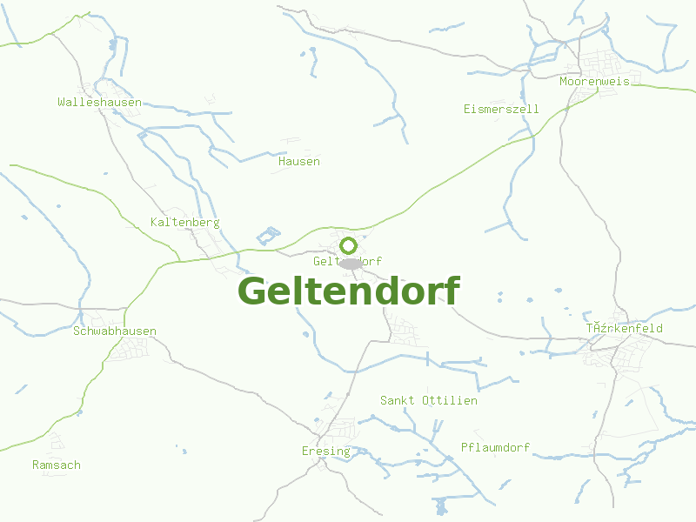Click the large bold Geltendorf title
click(x=348, y=291)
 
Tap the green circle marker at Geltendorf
click(x=349, y=245)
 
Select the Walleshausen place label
click(x=99, y=102)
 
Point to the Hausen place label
click(x=298, y=161)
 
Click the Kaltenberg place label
click(x=184, y=222)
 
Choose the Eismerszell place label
click(x=501, y=109)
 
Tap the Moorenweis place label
click(x=594, y=81)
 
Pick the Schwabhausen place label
click(x=115, y=331)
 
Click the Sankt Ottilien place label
click(x=428, y=400)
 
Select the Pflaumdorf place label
click(x=495, y=447)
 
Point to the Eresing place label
click(x=325, y=451)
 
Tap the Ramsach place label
click(x=57, y=465)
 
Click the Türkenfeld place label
click(x=624, y=328)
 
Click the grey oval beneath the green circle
click(x=350, y=264)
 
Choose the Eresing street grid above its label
click(x=339, y=429)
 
